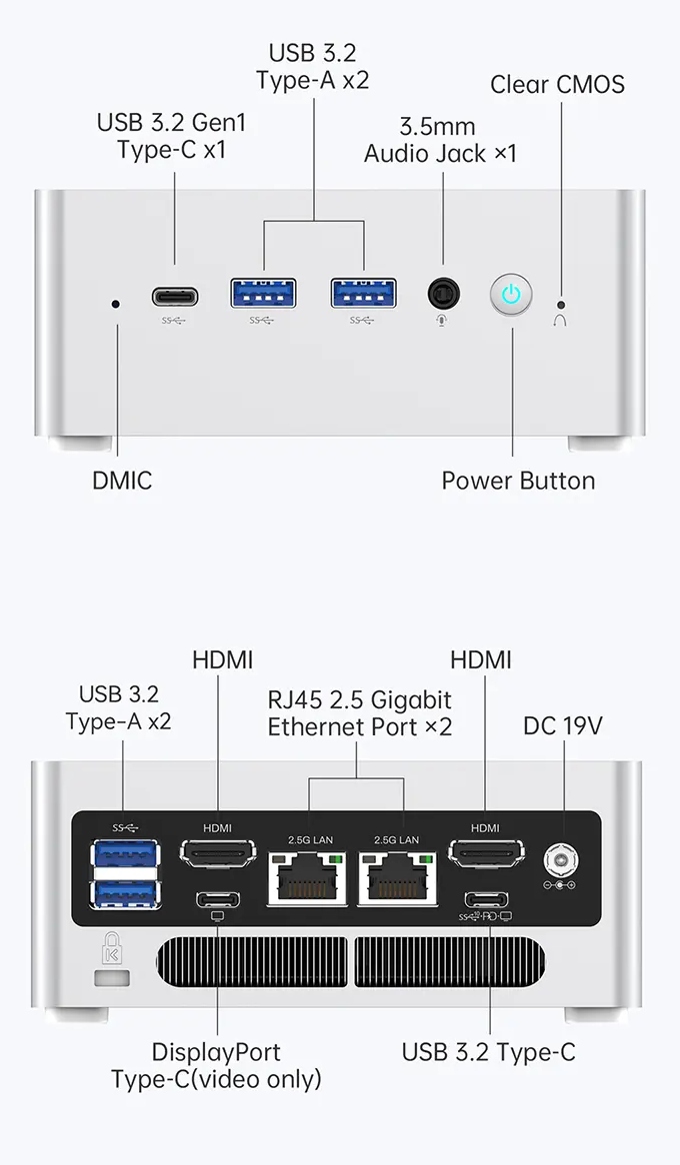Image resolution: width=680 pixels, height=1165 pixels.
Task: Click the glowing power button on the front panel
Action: point(511,295)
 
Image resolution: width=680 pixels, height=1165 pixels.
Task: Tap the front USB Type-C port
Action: point(175,297)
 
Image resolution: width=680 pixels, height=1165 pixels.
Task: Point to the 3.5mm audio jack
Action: point(444,294)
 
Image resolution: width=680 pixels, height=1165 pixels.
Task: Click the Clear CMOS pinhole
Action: point(561,303)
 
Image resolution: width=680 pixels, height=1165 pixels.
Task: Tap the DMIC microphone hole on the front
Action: point(117,302)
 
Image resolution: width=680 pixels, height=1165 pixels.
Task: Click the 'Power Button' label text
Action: point(518,481)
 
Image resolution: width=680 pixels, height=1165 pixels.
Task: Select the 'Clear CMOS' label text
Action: point(557,84)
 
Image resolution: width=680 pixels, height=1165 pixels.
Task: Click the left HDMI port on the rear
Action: point(217,854)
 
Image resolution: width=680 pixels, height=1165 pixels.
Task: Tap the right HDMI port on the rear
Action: point(485,854)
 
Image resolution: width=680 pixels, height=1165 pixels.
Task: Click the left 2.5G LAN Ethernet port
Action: point(308,878)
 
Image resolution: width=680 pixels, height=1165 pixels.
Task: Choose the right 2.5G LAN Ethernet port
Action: point(403,878)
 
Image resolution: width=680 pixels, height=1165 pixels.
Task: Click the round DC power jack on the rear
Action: point(558,858)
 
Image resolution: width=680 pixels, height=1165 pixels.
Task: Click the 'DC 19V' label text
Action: point(562,725)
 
